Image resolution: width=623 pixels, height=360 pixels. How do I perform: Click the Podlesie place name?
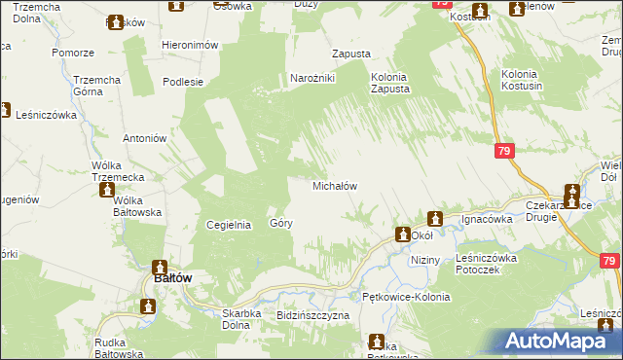click(182, 82)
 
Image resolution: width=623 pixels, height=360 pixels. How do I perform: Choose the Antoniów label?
click(140, 138)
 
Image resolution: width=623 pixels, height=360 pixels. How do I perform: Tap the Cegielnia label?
click(230, 224)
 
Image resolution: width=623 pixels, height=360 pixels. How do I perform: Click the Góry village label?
click(281, 224)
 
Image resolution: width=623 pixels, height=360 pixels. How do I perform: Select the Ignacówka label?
click(487, 219)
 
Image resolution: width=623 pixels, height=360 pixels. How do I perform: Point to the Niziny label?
click(425, 261)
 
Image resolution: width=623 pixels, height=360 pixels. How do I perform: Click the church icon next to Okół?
click(401, 234)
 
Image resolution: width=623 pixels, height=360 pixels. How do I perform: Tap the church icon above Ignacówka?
click(435, 219)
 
